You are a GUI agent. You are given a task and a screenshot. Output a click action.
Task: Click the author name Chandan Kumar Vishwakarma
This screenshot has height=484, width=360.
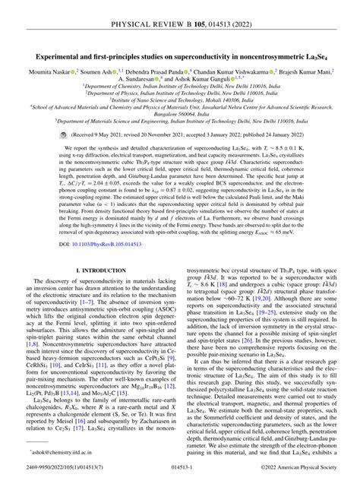tap(245, 72)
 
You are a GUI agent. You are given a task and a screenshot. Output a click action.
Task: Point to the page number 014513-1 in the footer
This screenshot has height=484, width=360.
tap(180, 474)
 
